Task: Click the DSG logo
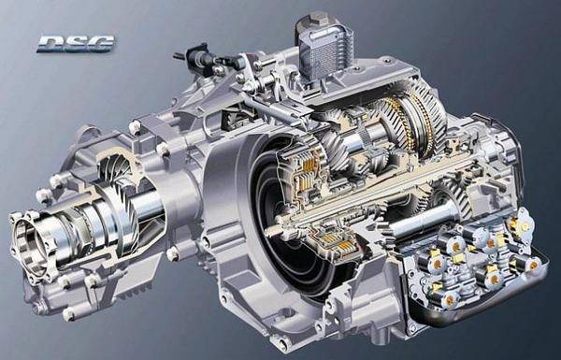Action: click(x=75, y=43)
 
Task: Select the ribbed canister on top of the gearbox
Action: click(x=324, y=44)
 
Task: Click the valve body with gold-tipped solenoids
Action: click(x=472, y=266)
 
